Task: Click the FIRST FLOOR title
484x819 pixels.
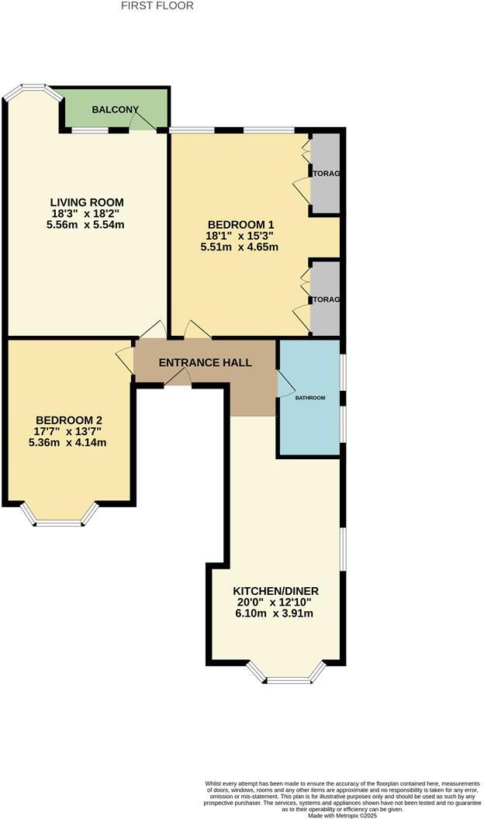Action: pos(157,5)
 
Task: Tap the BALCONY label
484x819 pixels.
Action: pos(115,110)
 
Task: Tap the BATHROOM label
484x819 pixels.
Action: pos(309,398)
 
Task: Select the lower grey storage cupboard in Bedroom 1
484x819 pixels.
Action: pos(326,299)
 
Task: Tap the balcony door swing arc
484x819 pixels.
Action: pos(140,121)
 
